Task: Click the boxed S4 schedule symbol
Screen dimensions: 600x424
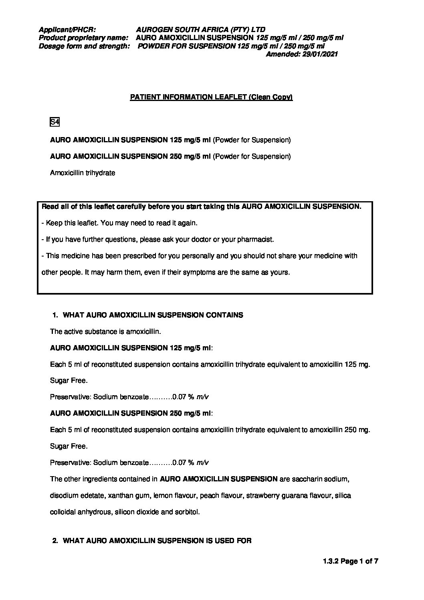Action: (x=55, y=122)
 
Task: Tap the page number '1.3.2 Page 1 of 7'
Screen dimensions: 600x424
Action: (x=350, y=562)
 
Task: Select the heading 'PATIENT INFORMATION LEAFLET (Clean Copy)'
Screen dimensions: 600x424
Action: (x=212, y=97)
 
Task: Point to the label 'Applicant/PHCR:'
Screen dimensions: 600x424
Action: (x=67, y=30)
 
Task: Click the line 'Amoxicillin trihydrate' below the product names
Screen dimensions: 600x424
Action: (x=83, y=173)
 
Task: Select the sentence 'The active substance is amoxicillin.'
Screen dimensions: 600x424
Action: (x=105, y=331)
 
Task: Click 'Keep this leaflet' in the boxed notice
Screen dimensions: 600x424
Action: (x=69, y=223)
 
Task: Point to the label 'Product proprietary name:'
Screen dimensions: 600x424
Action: (x=83, y=38)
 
